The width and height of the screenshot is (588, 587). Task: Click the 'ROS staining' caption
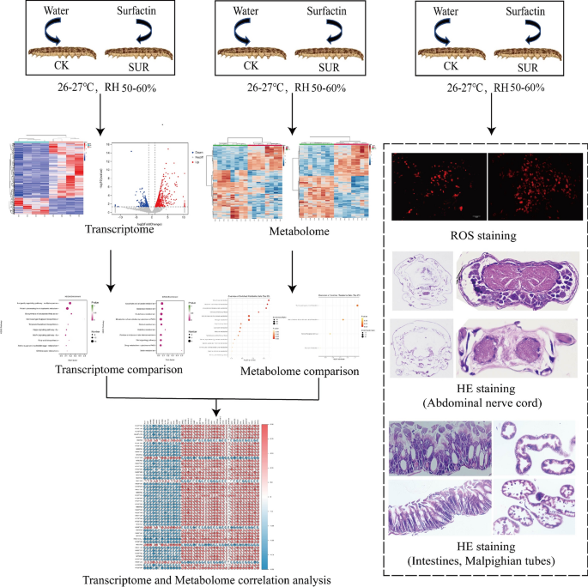coord(487,234)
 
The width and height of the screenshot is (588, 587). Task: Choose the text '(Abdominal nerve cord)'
coord(486,403)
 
